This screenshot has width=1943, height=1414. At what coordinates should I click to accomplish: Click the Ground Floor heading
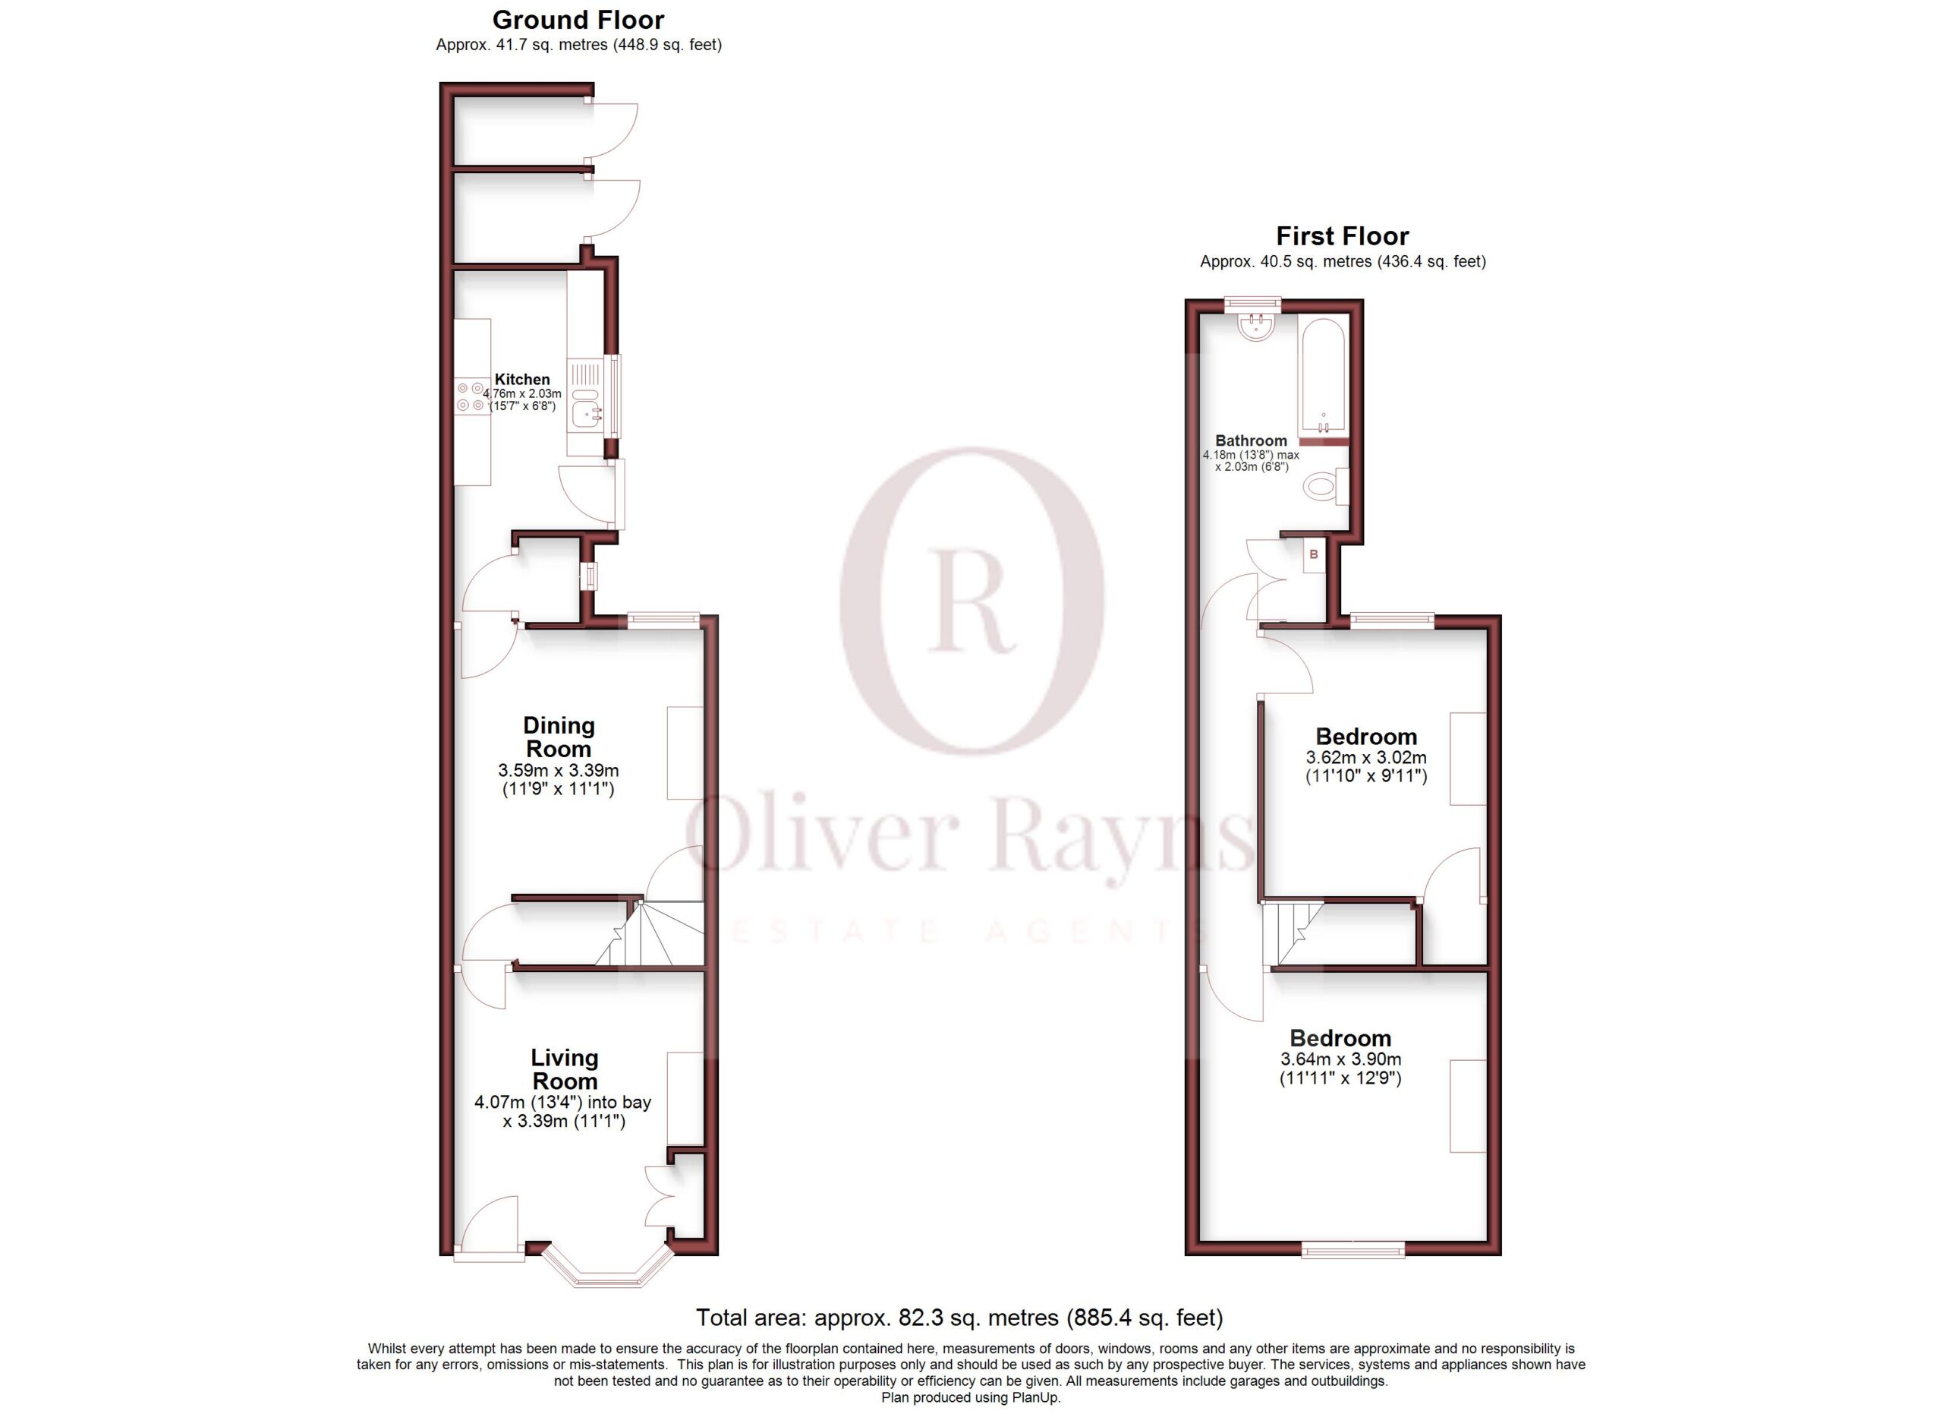tap(578, 20)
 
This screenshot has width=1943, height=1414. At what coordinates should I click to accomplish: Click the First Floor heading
tap(1343, 235)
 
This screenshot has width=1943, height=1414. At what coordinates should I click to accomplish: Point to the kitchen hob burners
tap(471, 396)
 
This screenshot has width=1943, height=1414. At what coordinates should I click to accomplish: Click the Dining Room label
tap(559, 736)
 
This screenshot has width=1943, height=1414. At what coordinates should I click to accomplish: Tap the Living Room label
tap(565, 1068)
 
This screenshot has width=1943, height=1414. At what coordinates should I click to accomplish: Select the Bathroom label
tap(1251, 440)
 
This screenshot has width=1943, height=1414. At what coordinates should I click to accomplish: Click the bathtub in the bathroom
tap(1324, 378)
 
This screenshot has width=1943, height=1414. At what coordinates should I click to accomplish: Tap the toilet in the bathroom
tap(1326, 487)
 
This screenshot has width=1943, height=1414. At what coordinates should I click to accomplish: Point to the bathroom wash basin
tap(1258, 327)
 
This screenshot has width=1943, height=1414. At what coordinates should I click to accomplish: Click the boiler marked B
tap(1314, 555)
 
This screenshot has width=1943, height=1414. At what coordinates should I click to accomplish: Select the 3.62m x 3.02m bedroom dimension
tap(1366, 758)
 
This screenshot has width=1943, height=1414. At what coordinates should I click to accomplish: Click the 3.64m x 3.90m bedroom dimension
tap(1340, 1059)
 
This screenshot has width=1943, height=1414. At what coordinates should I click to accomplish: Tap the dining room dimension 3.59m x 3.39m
tap(559, 769)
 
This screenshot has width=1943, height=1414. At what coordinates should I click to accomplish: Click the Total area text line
tap(959, 1317)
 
